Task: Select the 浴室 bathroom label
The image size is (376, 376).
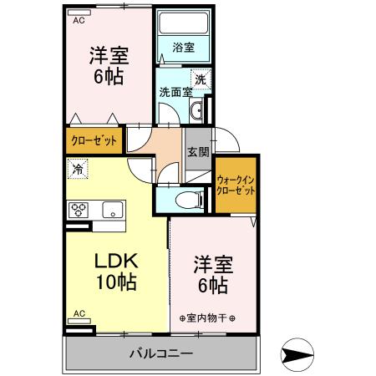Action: [x=183, y=48]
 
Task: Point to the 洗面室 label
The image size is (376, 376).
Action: [x=175, y=92]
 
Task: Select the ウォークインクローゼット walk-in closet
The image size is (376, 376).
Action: [x=236, y=185]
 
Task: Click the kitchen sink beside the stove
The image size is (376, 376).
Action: [x=112, y=209]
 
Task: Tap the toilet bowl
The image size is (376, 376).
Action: [x=190, y=199]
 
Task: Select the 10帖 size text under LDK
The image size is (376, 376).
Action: [x=114, y=282]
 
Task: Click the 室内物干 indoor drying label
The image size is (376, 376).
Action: [x=208, y=318]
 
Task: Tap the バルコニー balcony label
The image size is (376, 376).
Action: [x=161, y=353]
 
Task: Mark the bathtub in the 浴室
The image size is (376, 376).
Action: [x=183, y=24]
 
